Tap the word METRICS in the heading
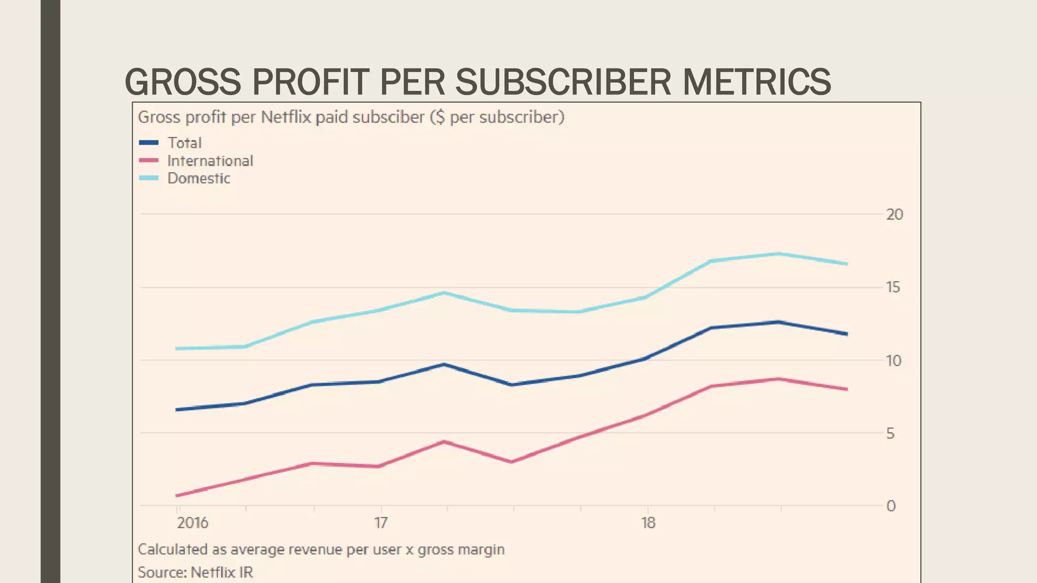click(x=756, y=82)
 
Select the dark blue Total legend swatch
click(x=149, y=143)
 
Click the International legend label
click(x=210, y=161)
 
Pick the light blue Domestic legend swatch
click(x=149, y=178)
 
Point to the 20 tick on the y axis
click(x=894, y=215)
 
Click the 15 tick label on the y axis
click(x=893, y=287)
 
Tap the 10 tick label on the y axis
click(x=894, y=361)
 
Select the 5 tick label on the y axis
click(x=890, y=433)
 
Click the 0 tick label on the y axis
click(x=891, y=506)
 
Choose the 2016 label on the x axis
click(x=192, y=523)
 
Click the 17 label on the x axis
click(x=381, y=523)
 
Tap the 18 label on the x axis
click(x=648, y=523)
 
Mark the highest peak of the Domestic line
click(x=778, y=254)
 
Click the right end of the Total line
click(x=847, y=334)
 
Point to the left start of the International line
click(x=177, y=495)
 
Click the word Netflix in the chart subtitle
click(x=286, y=117)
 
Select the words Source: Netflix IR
click(x=195, y=572)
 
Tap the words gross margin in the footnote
click(x=461, y=550)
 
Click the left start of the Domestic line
click(x=177, y=349)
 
